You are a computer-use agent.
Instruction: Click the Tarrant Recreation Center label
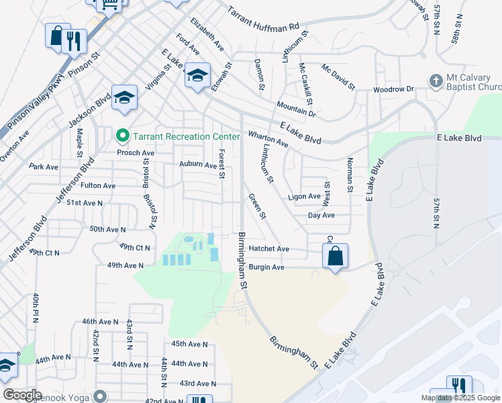(x=185, y=136)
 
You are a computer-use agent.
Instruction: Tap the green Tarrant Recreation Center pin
(x=122, y=136)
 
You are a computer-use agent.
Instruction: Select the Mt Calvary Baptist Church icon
(x=435, y=81)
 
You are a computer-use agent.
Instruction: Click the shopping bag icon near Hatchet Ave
(x=335, y=256)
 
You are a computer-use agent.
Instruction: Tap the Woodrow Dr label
(x=393, y=89)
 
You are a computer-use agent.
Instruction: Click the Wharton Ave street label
(x=268, y=139)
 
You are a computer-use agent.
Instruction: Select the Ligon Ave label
(x=304, y=197)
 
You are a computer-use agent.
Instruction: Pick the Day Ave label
(x=321, y=216)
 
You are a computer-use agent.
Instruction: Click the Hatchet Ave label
(x=268, y=249)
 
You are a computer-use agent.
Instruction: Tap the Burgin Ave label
(x=266, y=267)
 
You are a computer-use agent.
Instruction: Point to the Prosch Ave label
(x=136, y=153)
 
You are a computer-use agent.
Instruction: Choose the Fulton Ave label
(x=98, y=185)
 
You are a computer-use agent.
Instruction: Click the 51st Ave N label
(x=84, y=203)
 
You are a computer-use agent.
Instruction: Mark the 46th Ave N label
(x=100, y=322)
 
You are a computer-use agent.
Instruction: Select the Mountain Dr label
(x=296, y=109)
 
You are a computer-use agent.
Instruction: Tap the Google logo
(x=22, y=395)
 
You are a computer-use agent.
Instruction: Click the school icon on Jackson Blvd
(x=124, y=98)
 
